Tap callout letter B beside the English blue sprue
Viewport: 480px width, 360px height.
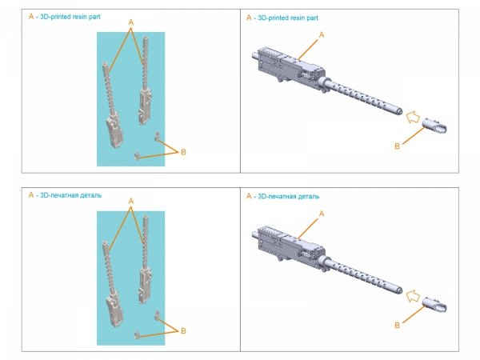[183, 152]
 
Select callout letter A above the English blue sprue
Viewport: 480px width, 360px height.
[131, 22]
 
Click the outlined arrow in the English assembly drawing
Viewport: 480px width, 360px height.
[413, 118]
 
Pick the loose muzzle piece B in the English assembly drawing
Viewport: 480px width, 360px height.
[434, 126]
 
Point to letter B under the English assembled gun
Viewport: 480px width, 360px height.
[397, 146]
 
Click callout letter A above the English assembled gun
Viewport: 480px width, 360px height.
[322, 35]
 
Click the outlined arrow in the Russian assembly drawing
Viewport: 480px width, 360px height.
[413, 296]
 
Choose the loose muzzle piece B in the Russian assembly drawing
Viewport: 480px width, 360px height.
[434, 305]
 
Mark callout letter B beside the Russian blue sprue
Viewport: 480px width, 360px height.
[183, 331]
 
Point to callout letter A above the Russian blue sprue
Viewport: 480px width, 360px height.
[131, 202]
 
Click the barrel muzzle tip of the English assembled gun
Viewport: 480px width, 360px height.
[400, 111]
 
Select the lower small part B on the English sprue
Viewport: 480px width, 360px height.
[137, 156]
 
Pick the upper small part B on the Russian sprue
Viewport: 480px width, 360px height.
[157, 315]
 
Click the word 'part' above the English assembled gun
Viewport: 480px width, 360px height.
[312, 18]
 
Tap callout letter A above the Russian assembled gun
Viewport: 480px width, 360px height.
[322, 214]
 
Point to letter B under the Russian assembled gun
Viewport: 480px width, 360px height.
[397, 325]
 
